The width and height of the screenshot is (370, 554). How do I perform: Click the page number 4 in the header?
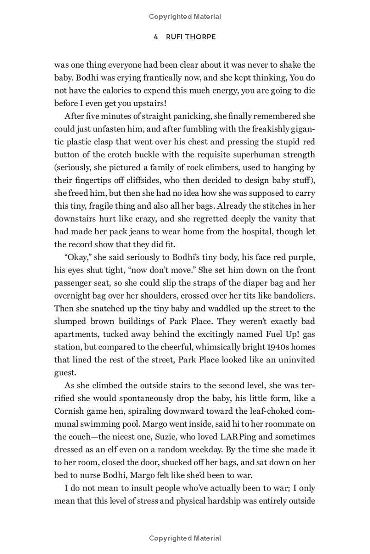point(156,37)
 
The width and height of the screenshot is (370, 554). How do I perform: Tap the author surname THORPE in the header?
point(202,37)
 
